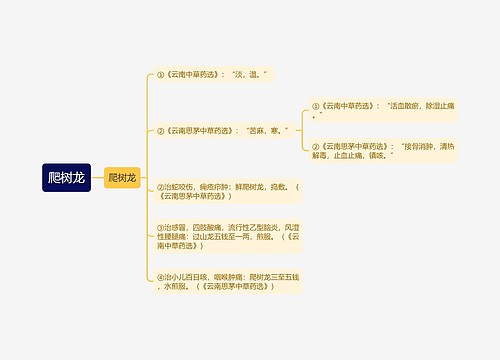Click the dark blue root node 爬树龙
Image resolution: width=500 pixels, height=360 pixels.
66,178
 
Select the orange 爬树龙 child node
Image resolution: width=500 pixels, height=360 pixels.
122,178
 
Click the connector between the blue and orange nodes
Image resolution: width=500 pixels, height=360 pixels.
98,178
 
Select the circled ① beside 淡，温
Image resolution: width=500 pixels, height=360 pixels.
160,74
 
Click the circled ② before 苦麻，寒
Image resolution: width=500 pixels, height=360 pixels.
160,130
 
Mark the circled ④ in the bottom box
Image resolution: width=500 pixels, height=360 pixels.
160,275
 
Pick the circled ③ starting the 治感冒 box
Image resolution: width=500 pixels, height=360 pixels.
160,227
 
